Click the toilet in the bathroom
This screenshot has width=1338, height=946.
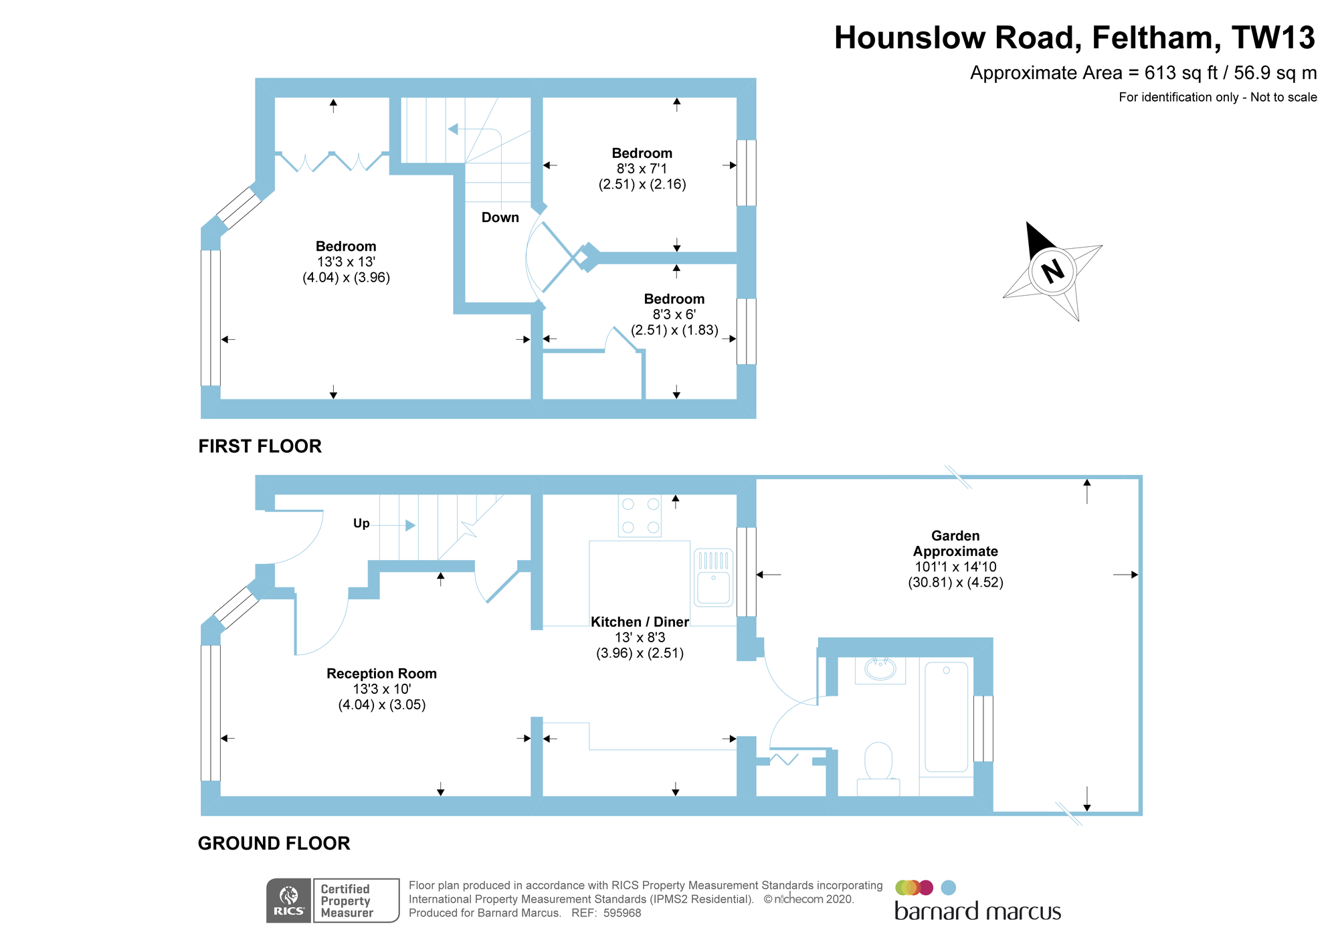pyautogui.click(x=878, y=765)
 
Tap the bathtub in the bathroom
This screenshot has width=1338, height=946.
pyautogui.click(x=946, y=717)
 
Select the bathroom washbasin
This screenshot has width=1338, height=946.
pyautogui.click(x=880, y=669)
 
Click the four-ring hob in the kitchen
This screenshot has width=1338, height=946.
pyautogui.click(x=640, y=516)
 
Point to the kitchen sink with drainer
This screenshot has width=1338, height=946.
pyautogui.click(x=713, y=577)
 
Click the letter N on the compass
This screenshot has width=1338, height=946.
pyautogui.click(x=1052, y=271)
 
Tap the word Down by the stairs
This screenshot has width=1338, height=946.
pyautogui.click(x=500, y=217)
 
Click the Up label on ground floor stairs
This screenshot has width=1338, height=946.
pyautogui.click(x=361, y=523)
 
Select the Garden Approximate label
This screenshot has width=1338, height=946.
pyautogui.click(x=955, y=543)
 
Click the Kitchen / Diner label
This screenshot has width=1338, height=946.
pyautogui.click(x=640, y=622)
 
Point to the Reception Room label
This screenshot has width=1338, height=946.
pyautogui.click(x=381, y=674)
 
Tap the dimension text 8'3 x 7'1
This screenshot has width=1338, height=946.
pyautogui.click(x=642, y=169)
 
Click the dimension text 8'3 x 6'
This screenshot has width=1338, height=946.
pyautogui.click(x=674, y=314)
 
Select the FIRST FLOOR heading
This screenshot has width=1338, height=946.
pyautogui.click(x=260, y=446)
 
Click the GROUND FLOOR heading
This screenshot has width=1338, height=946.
pyautogui.click(x=274, y=844)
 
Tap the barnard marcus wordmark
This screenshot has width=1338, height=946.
pyautogui.click(x=977, y=911)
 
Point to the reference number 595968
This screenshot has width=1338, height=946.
pyautogui.click(x=622, y=913)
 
